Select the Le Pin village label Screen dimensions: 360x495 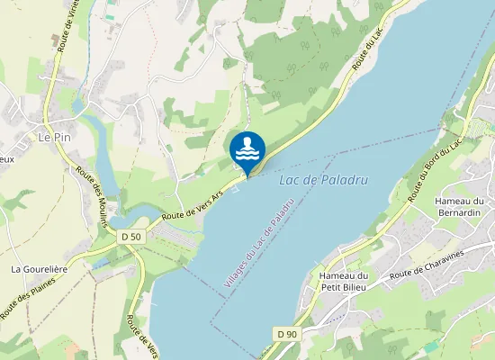tap(54, 138)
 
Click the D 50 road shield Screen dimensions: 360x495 tap(130, 237)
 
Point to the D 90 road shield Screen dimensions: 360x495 tap(287, 335)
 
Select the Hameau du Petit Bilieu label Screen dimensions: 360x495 tap(345, 282)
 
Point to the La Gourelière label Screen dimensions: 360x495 tap(40, 269)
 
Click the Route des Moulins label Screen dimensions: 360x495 tap(92, 195)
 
